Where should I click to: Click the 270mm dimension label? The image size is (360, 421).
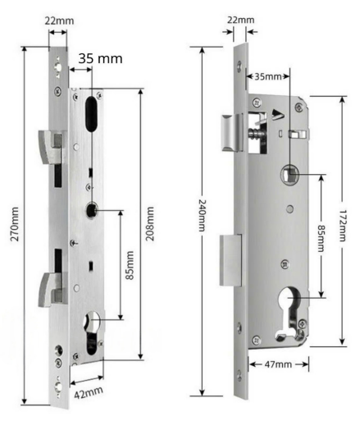point(15,224)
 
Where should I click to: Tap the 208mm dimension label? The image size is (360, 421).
point(150,223)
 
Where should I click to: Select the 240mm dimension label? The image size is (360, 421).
point(202,215)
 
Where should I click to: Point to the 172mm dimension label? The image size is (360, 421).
point(342,226)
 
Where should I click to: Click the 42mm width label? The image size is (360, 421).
point(89,392)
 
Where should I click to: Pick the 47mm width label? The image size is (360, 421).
point(278,364)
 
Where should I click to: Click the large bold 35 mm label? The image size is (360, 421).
point(100,58)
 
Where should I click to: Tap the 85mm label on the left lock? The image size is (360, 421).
point(130,265)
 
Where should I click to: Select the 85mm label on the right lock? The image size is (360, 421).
point(321,238)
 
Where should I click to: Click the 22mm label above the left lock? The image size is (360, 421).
point(59,21)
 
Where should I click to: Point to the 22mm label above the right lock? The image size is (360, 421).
point(241,20)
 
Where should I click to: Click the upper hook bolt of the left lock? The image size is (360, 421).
point(51,147)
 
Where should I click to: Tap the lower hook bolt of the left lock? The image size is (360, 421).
point(51,289)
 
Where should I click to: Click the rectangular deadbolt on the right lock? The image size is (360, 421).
point(231,260)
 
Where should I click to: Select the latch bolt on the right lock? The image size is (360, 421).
point(232,132)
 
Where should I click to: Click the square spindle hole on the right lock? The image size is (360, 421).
point(289,174)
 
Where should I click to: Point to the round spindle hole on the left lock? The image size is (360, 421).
point(92,210)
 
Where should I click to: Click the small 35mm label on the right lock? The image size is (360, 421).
point(268,76)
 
